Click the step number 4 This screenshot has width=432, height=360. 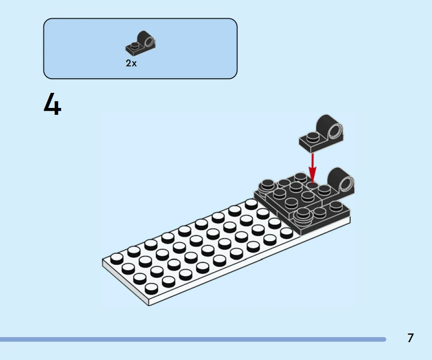pyautogui.click(x=53, y=104)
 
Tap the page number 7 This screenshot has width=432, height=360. pyautogui.click(x=411, y=338)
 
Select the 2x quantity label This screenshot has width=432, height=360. pyautogui.click(x=131, y=63)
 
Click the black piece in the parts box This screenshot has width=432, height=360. pyautogui.click(x=140, y=43)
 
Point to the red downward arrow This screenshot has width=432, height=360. pyautogui.click(x=312, y=168)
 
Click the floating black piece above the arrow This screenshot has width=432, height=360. pyautogui.click(x=321, y=134)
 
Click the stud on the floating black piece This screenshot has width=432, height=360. pyautogui.click(x=312, y=136)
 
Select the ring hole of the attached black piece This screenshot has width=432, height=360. pyautogui.click(x=347, y=184)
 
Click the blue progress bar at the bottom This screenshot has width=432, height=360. pyautogui.click(x=193, y=339)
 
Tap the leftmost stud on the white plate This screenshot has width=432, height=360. pyautogui.click(x=117, y=259)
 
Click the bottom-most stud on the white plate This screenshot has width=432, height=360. pyautogui.click(x=151, y=289)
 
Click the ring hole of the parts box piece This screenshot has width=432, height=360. pyautogui.click(x=149, y=42)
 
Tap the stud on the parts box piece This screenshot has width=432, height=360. pyautogui.click(x=135, y=45)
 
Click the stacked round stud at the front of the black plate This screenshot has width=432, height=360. pyautogui.click(x=304, y=216)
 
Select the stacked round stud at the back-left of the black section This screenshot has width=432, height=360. pyautogui.click(x=267, y=186)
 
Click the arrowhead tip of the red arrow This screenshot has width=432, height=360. pyautogui.click(x=312, y=183)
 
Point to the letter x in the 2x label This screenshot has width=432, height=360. pyautogui.click(x=134, y=64)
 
